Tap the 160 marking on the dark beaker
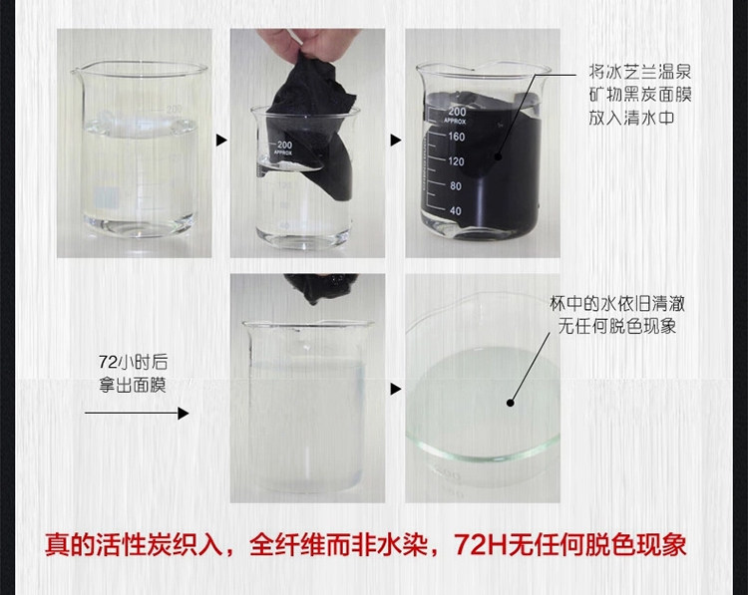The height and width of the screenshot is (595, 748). tap(456, 137)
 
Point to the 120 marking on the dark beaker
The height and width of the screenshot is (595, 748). tap(456, 161)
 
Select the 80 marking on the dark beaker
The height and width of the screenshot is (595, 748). tap(456, 186)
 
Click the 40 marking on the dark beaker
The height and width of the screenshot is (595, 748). tap(456, 210)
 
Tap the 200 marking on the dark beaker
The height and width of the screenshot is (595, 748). tap(457, 111)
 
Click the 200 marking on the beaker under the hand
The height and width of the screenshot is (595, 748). tap(285, 144)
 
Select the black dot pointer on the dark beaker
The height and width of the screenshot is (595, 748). tap(498, 156)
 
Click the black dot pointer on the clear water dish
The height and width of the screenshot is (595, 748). tap(510, 403)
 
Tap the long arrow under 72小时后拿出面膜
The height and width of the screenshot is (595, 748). tap(137, 413)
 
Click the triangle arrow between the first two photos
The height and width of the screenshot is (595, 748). tap(221, 141)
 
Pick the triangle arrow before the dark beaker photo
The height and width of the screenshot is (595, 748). tap(396, 141)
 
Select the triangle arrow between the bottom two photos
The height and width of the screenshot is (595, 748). tap(396, 389)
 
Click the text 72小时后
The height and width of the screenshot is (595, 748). tap(133, 362)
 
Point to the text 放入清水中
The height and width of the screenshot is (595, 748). tap(631, 118)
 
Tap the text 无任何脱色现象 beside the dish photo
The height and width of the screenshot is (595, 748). tap(617, 326)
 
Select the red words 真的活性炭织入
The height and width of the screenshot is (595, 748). tap(134, 544)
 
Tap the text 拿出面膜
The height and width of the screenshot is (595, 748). tap(133, 385)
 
